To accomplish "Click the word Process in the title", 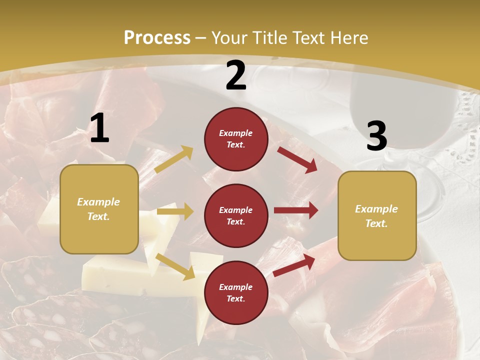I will (157, 38).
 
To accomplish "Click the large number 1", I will (99, 128).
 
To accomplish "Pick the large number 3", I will (377, 136).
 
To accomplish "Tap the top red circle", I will (236, 139).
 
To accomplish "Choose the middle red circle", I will (236, 215).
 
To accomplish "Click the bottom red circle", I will (236, 292).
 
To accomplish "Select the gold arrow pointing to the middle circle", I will (175, 211).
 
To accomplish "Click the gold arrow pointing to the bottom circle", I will (175, 266).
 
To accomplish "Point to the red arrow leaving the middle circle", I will (296, 210).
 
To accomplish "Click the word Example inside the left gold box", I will (98, 202).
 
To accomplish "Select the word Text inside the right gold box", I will (376, 223).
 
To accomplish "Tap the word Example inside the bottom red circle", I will (236, 287).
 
